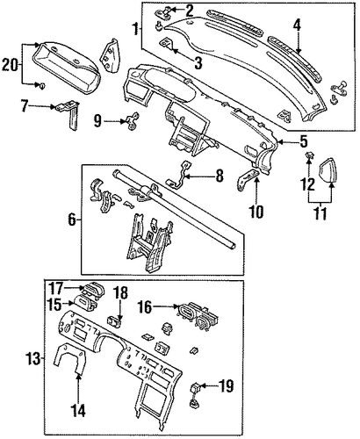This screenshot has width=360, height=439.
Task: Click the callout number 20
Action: pos(10,64)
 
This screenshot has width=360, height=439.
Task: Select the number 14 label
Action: pos(79,410)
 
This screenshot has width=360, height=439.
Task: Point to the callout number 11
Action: pos(320,214)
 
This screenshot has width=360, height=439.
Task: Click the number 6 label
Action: pos(72,219)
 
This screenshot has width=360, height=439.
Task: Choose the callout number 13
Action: pos(33,358)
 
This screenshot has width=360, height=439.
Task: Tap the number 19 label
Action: pos(226,386)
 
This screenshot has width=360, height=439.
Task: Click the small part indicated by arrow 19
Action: pos(195,394)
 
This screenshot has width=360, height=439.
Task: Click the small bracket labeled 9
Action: pos(133,122)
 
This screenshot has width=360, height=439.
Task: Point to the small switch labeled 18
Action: pos(115,320)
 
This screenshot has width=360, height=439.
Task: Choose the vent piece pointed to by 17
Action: pos(92,289)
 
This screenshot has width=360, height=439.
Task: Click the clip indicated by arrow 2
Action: pos(163,12)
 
